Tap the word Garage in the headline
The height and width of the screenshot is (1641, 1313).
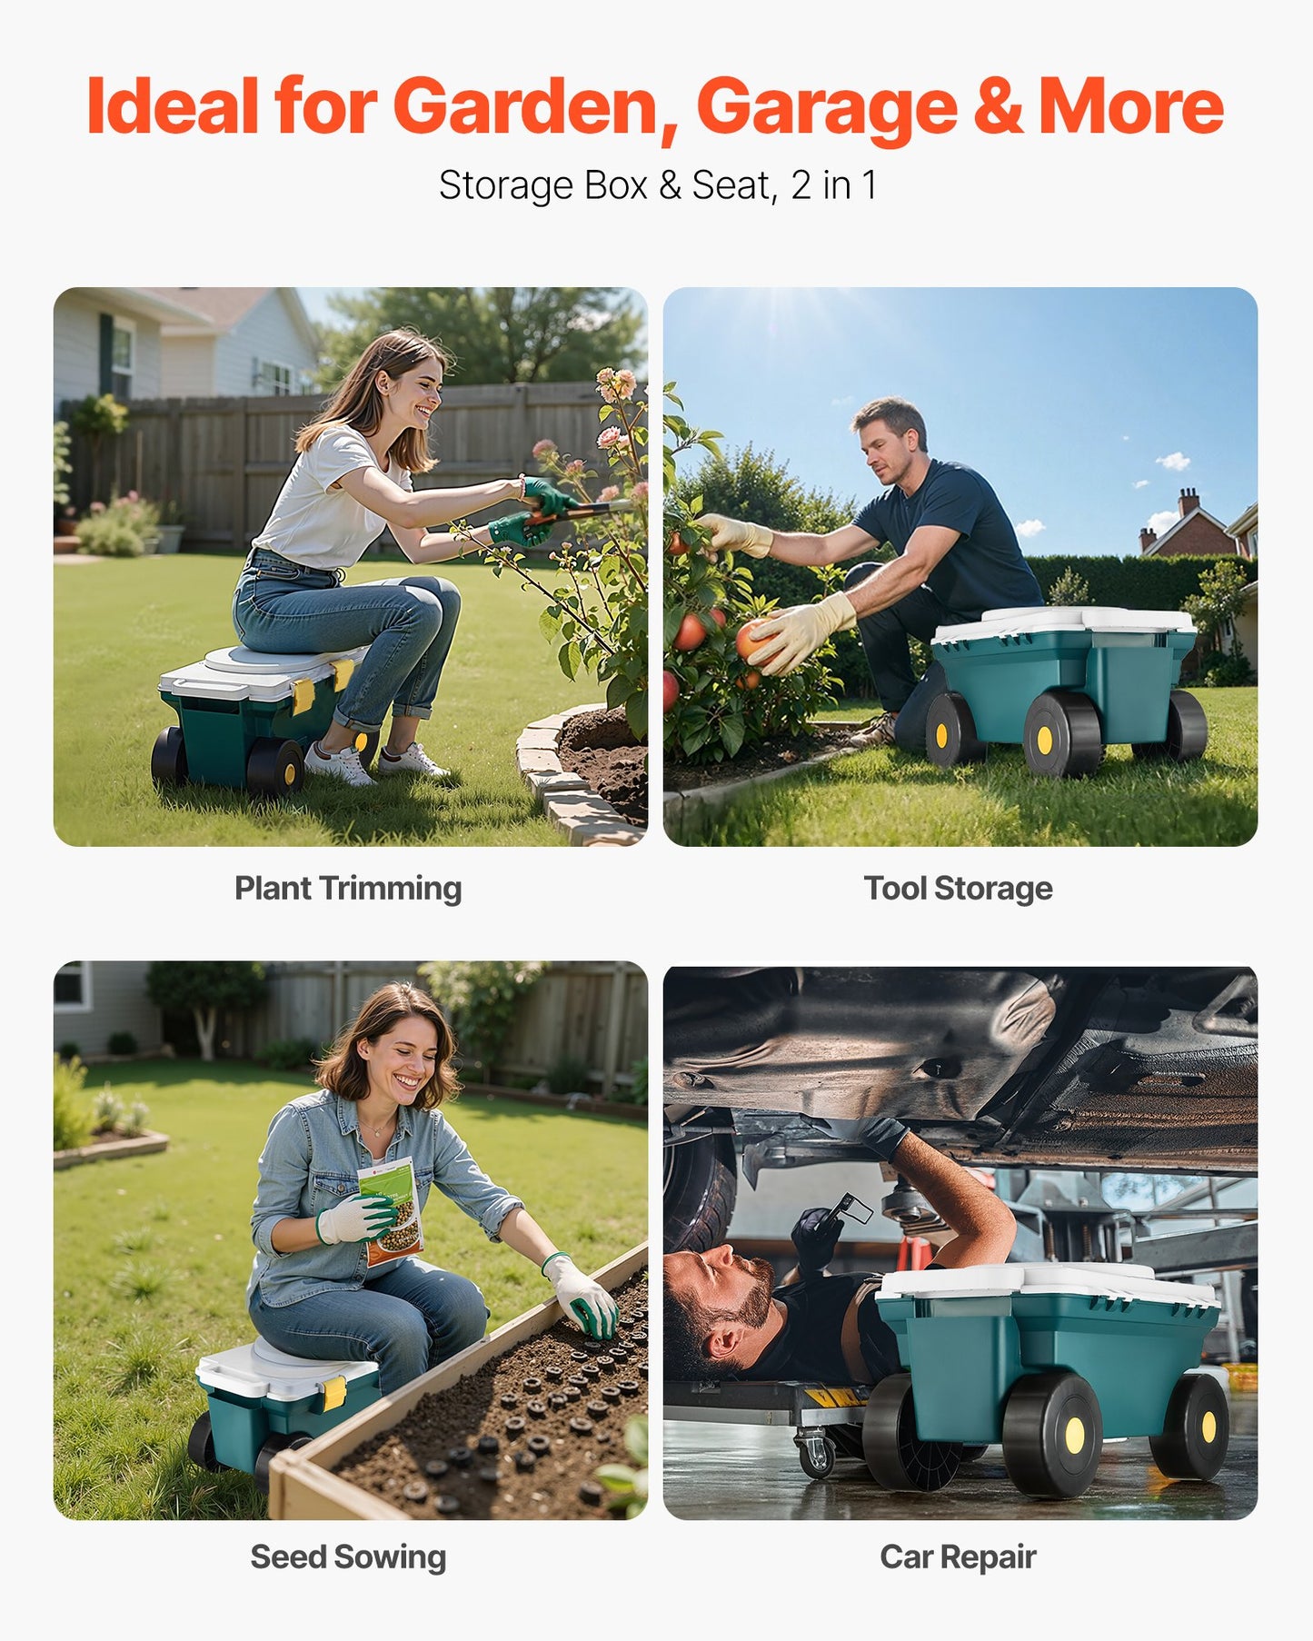(826, 107)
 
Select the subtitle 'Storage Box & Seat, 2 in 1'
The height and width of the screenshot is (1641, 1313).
(657, 185)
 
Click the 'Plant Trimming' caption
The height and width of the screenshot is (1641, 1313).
(348, 888)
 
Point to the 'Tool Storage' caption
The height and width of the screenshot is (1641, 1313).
(958, 888)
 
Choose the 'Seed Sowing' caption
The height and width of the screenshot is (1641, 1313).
(348, 1556)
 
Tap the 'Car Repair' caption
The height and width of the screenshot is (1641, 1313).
(958, 1556)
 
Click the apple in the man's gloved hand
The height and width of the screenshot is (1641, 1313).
(752, 638)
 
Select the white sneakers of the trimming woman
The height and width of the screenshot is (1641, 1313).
(373, 763)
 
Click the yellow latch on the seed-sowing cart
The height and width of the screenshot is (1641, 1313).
(334, 1393)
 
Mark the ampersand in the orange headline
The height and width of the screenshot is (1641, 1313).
(998, 107)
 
